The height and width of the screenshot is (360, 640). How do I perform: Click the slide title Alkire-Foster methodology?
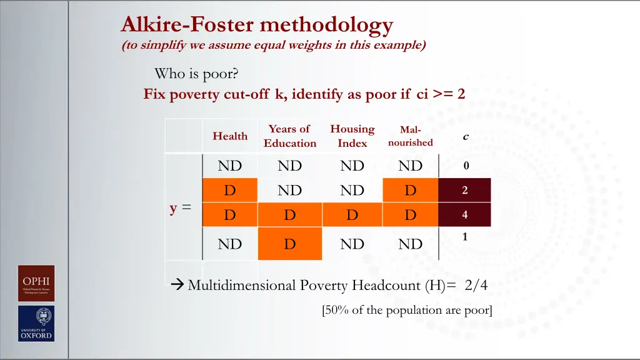(x=257, y=25)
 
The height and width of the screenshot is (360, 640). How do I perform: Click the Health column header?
(x=230, y=136)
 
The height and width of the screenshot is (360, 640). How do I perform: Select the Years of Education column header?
(x=289, y=136)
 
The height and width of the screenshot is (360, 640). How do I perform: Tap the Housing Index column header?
(x=352, y=136)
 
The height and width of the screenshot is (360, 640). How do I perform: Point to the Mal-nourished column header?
(x=410, y=136)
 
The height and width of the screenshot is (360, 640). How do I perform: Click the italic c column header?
(x=465, y=136)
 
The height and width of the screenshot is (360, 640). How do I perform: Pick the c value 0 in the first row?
(x=466, y=166)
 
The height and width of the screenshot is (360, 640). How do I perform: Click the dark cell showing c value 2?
(x=465, y=191)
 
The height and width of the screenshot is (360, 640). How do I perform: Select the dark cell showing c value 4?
(x=465, y=215)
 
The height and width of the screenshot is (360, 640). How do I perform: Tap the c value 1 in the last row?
(x=466, y=237)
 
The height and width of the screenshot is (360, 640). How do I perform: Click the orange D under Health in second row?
(x=230, y=191)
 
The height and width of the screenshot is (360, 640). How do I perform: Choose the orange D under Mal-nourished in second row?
(x=410, y=191)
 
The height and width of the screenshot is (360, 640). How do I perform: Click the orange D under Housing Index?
(x=352, y=215)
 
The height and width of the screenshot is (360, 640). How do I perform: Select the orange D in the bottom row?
(x=289, y=244)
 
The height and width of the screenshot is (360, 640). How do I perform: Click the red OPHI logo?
(x=36, y=283)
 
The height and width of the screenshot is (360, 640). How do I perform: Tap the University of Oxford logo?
(x=36, y=323)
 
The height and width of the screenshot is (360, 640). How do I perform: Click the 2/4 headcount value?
(x=476, y=286)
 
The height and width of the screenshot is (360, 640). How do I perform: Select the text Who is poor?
(x=196, y=74)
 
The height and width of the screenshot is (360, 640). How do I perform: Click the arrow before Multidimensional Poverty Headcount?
(x=177, y=286)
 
